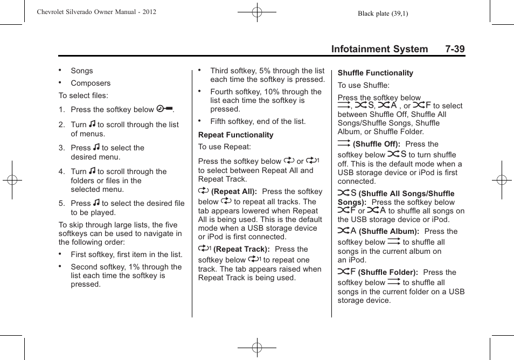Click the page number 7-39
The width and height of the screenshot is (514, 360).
click(x=455, y=49)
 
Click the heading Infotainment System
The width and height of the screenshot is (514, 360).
click(x=379, y=49)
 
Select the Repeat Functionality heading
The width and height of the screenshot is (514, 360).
click(x=235, y=135)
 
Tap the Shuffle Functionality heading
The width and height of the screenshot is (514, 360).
click(x=375, y=73)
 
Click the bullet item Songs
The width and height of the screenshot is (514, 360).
click(x=81, y=71)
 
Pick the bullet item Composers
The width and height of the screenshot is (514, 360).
click(x=91, y=83)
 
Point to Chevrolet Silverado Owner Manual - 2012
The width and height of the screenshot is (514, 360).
click(x=96, y=11)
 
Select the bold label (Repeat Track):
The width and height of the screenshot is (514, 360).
click(x=241, y=249)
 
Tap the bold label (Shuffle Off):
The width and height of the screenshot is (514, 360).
click(x=376, y=144)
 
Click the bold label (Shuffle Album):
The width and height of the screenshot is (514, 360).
click(x=388, y=231)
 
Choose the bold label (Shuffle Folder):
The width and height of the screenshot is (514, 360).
click(x=388, y=272)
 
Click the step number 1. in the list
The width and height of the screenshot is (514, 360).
click(x=62, y=109)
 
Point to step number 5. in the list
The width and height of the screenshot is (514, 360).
click(x=62, y=203)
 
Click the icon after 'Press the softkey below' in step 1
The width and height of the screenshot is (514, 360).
click(x=164, y=109)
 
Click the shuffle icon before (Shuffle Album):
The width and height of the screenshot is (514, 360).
click(x=346, y=231)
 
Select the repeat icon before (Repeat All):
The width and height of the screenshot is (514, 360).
click(x=203, y=191)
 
